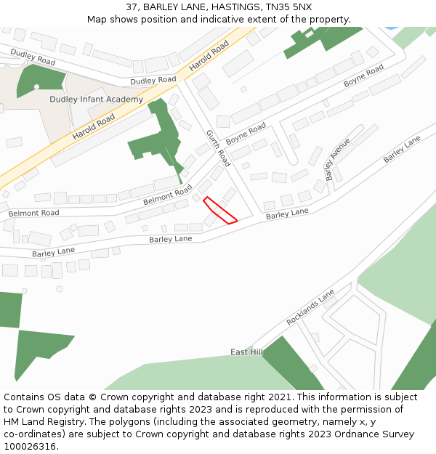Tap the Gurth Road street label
(x=218, y=147)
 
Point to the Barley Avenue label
(x=338, y=159)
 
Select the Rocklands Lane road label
(x=310, y=307)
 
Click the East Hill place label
(x=246, y=352)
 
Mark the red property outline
(x=219, y=210)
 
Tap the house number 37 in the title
(x=132, y=7)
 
